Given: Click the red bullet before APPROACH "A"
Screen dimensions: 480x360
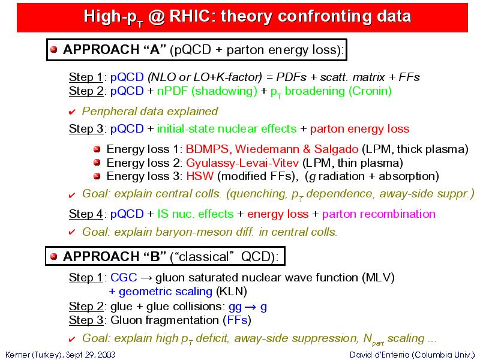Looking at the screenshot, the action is pyautogui.click(x=54, y=50).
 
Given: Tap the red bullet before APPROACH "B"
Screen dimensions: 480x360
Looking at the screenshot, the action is pyautogui.click(x=54, y=256).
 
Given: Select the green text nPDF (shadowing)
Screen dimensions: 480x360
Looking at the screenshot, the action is pyautogui.click(x=207, y=91).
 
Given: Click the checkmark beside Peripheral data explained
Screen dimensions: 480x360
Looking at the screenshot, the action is pyautogui.click(x=72, y=112).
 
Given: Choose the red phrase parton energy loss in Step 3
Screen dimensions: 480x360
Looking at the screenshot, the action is pyautogui.click(x=359, y=129).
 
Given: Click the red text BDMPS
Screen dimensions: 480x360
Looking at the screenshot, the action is pyautogui.click(x=207, y=149).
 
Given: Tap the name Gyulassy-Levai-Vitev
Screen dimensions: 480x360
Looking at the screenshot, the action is pyautogui.click(x=242, y=163).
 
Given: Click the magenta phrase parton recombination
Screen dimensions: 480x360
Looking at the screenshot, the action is pyautogui.click(x=379, y=214).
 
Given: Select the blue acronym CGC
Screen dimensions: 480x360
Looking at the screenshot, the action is pyautogui.click(x=124, y=277).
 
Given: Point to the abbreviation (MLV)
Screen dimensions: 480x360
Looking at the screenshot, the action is pyautogui.click(x=378, y=278).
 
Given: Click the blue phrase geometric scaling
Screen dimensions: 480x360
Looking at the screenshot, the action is pyautogui.click(x=166, y=292).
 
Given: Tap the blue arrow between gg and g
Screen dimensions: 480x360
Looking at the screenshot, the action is pyautogui.click(x=250, y=307).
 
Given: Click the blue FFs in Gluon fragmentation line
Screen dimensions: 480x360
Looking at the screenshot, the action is pyautogui.click(x=237, y=320).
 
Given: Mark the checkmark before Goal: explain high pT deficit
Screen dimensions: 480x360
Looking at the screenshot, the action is pyautogui.click(x=72, y=339).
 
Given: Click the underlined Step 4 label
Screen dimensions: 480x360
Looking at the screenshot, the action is pyautogui.click(x=86, y=214).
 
